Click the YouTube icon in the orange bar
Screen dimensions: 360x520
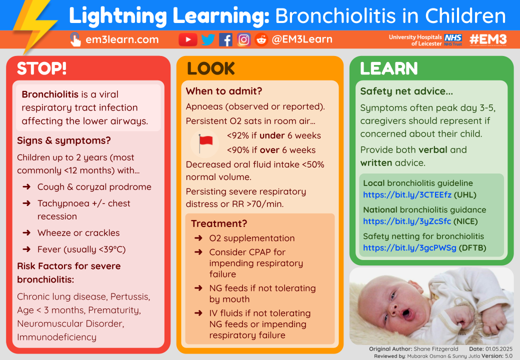tap(188, 39)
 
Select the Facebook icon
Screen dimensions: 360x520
tap(225, 39)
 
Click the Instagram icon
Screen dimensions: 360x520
tap(243, 39)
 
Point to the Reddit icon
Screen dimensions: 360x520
tap(261, 39)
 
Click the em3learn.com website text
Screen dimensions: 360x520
tap(122, 39)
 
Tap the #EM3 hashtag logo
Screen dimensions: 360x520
tap(489, 39)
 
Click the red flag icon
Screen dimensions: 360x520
tap(205, 142)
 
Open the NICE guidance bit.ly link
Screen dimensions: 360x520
tap(407, 221)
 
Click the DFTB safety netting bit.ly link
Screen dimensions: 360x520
tap(409, 248)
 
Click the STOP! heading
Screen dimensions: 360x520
tap(41, 68)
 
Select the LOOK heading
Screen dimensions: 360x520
tap(210, 68)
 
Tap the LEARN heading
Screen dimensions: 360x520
tap(388, 68)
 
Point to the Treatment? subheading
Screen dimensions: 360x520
tap(219, 223)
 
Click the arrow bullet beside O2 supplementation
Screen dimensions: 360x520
tap(198, 238)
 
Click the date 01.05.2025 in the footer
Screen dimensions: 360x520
tap(498, 348)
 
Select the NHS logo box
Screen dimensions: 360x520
tap(453, 37)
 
